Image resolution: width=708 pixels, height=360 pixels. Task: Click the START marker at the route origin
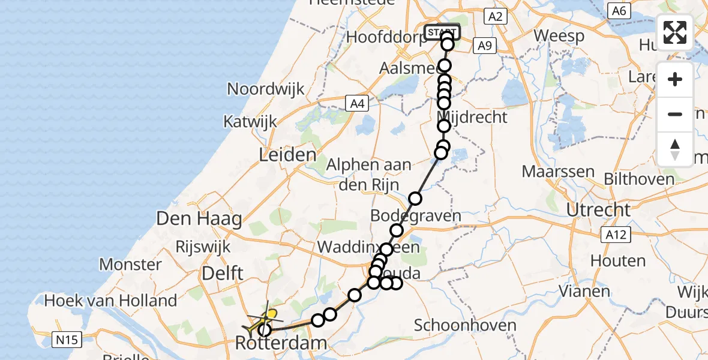pyautogui.click(x=442, y=31)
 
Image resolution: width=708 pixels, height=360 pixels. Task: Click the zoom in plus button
pyautogui.click(x=675, y=80)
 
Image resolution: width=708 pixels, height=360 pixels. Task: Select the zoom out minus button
pyautogui.click(x=675, y=114)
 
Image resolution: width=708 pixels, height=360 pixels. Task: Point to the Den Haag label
pyautogui.click(x=199, y=219)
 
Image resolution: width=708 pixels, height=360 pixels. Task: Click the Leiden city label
pyautogui.click(x=287, y=155)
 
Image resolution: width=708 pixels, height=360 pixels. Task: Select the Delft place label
pyautogui.click(x=223, y=274)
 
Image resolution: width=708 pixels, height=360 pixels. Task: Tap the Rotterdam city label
pyautogui.click(x=282, y=344)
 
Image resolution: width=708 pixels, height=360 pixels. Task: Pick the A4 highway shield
pyautogui.click(x=358, y=104)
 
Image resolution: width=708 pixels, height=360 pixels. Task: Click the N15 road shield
pyautogui.click(x=66, y=340)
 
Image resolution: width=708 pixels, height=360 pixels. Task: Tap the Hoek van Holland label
pyautogui.click(x=111, y=300)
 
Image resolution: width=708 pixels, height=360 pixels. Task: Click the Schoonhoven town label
pyautogui.click(x=465, y=326)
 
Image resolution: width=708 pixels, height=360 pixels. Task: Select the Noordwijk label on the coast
pyautogui.click(x=265, y=89)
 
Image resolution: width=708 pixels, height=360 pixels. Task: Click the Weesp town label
pyautogui.click(x=559, y=35)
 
